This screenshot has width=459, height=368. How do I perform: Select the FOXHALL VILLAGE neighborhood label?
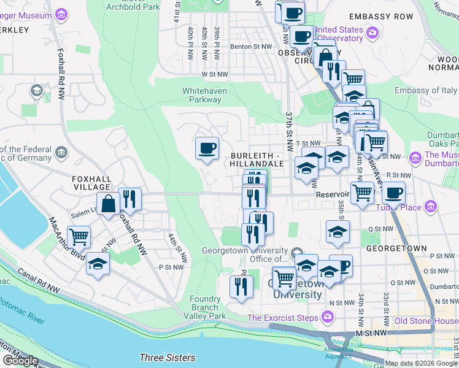(91, 178)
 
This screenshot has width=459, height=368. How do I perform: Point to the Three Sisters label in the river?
(167, 358)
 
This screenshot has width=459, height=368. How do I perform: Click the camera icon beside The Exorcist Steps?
(328, 317)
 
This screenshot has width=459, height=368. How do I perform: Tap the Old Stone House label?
(426, 321)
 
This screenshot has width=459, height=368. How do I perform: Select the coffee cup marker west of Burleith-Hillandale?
(207, 148)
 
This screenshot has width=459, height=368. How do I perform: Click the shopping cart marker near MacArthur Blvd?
(79, 236)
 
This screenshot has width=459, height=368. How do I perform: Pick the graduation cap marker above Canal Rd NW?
(98, 264)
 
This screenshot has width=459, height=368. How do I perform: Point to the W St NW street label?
(215, 74)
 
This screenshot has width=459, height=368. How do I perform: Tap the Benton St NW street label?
(250, 47)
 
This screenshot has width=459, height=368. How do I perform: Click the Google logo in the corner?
(20, 361)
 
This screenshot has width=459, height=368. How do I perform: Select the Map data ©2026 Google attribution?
(421, 363)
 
